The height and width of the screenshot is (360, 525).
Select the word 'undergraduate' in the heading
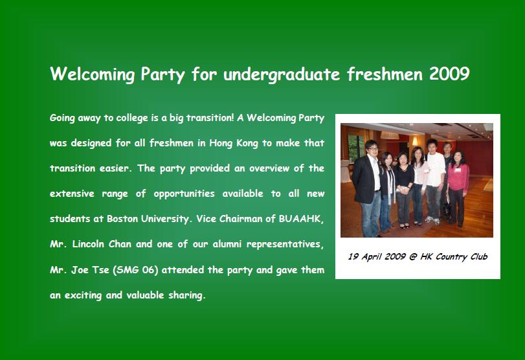[x=282, y=74]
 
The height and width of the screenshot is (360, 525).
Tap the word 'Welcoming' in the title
[x=93, y=74]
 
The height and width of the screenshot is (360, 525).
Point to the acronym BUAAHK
[x=301, y=219]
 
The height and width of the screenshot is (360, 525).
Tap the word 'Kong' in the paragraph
[x=247, y=143]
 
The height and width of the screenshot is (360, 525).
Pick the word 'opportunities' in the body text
[x=184, y=194]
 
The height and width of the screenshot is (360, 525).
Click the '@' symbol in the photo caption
[x=413, y=256]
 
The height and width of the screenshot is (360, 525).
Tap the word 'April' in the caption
[x=372, y=257]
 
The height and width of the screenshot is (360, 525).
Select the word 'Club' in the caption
[x=479, y=256]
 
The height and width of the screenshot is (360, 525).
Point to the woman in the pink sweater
[x=458, y=188]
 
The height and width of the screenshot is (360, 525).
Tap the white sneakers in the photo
[x=432, y=220]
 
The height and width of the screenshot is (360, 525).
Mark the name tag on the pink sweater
[x=458, y=170]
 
